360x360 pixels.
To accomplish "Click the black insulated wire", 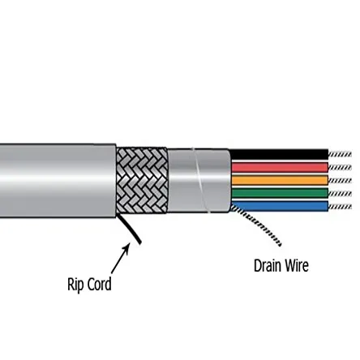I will (x=280, y=154).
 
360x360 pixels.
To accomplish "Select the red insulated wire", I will (x=280, y=167).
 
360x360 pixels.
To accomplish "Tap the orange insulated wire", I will (x=280, y=180).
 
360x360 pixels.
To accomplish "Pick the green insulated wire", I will (x=280, y=193).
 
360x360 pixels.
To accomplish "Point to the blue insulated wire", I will (x=280, y=205).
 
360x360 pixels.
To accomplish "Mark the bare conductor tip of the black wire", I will (x=340, y=154).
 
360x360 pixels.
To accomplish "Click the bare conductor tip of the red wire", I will (x=340, y=167).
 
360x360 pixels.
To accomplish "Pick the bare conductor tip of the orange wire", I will (x=340, y=180).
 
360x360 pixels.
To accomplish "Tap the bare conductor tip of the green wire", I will (x=340, y=193).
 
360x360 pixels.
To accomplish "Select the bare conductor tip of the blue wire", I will (x=340, y=205).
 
